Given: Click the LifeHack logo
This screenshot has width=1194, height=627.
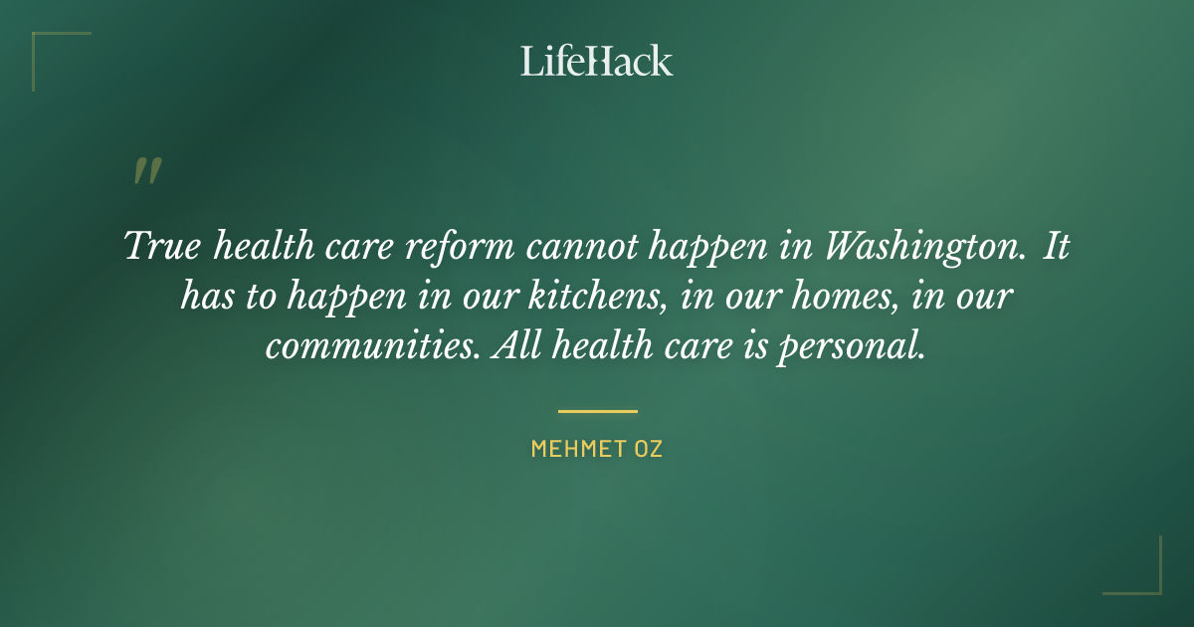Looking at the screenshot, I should click(597, 61).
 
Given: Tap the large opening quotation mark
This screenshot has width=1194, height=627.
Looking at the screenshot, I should click(146, 172).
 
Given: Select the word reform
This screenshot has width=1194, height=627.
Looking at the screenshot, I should click(461, 246).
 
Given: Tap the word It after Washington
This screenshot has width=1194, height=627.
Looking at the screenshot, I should click(1057, 246).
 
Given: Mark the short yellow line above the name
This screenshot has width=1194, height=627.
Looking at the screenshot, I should click(597, 411).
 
